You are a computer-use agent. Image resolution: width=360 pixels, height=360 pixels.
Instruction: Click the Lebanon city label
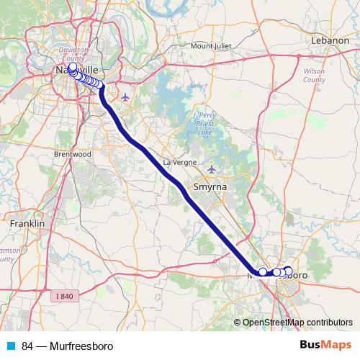click(329, 40)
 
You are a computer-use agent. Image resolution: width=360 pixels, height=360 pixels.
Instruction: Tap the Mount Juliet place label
click(212, 46)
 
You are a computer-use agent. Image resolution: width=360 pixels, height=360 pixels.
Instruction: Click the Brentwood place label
click(71, 154)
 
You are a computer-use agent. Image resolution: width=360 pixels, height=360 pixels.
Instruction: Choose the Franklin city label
click(27, 224)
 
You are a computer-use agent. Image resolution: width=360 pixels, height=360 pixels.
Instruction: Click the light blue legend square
click(10, 346)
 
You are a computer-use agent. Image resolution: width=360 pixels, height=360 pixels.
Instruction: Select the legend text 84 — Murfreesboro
click(67, 346)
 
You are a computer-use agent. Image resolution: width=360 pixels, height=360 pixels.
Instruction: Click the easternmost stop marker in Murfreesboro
click(289, 271)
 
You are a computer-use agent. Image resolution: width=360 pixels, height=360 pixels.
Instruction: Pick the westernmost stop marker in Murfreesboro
click(263, 272)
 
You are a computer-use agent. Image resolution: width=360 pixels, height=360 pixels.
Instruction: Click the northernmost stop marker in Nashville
click(72, 66)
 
